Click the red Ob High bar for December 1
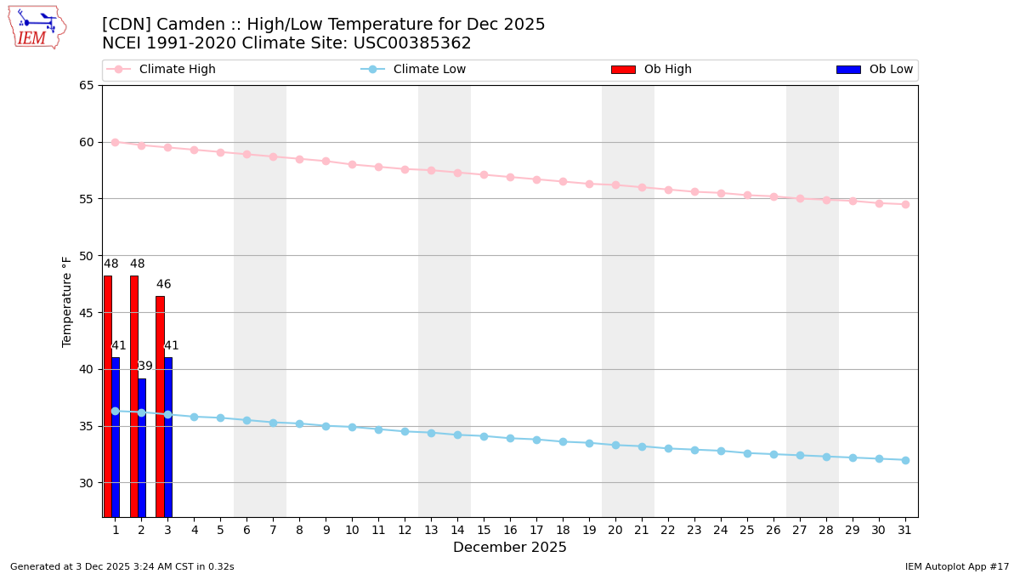tap(108, 395)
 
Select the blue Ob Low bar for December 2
tap(142, 447)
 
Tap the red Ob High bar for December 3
tap(160, 406)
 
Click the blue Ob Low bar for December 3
tap(168, 436)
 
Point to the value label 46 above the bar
tap(163, 285)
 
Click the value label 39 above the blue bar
tap(145, 367)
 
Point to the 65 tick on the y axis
tap(86, 85)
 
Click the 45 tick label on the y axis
tap(86, 312)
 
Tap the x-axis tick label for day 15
tap(484, 530)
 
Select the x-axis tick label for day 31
tap(905, 530)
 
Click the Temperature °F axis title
tap(68, 301)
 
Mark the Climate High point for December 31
tap(905, 204)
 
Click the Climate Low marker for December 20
tap(615, 445)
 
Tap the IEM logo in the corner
tap(37, 26)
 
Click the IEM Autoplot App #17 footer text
tap(957, 566)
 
